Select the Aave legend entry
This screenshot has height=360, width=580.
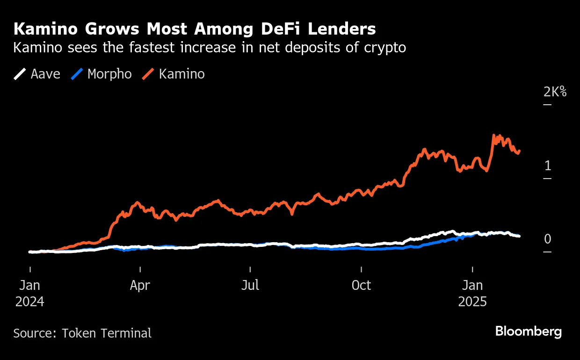pos(45,74)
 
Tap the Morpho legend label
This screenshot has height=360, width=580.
pos(109,74)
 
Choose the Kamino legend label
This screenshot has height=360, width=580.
pos(181,74)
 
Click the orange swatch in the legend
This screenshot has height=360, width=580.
pos(148,74)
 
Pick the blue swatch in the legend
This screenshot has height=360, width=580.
pos(77,74)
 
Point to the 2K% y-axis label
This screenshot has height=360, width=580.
pos(555,92)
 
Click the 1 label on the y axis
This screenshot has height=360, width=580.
pos(548,166)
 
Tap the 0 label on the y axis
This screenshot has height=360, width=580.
pos(548,239)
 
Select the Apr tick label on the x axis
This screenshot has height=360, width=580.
pos(140,285)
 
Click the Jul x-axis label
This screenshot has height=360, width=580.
pos(250,285)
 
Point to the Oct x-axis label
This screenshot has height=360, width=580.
pos(361,285)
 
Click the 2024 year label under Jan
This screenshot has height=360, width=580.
pos(29,302)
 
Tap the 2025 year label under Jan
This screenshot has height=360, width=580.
pos(472,302)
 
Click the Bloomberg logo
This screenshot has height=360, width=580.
pos(529,332)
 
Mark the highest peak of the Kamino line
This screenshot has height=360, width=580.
pos(494,136)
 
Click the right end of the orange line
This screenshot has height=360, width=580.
pos(520,151)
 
